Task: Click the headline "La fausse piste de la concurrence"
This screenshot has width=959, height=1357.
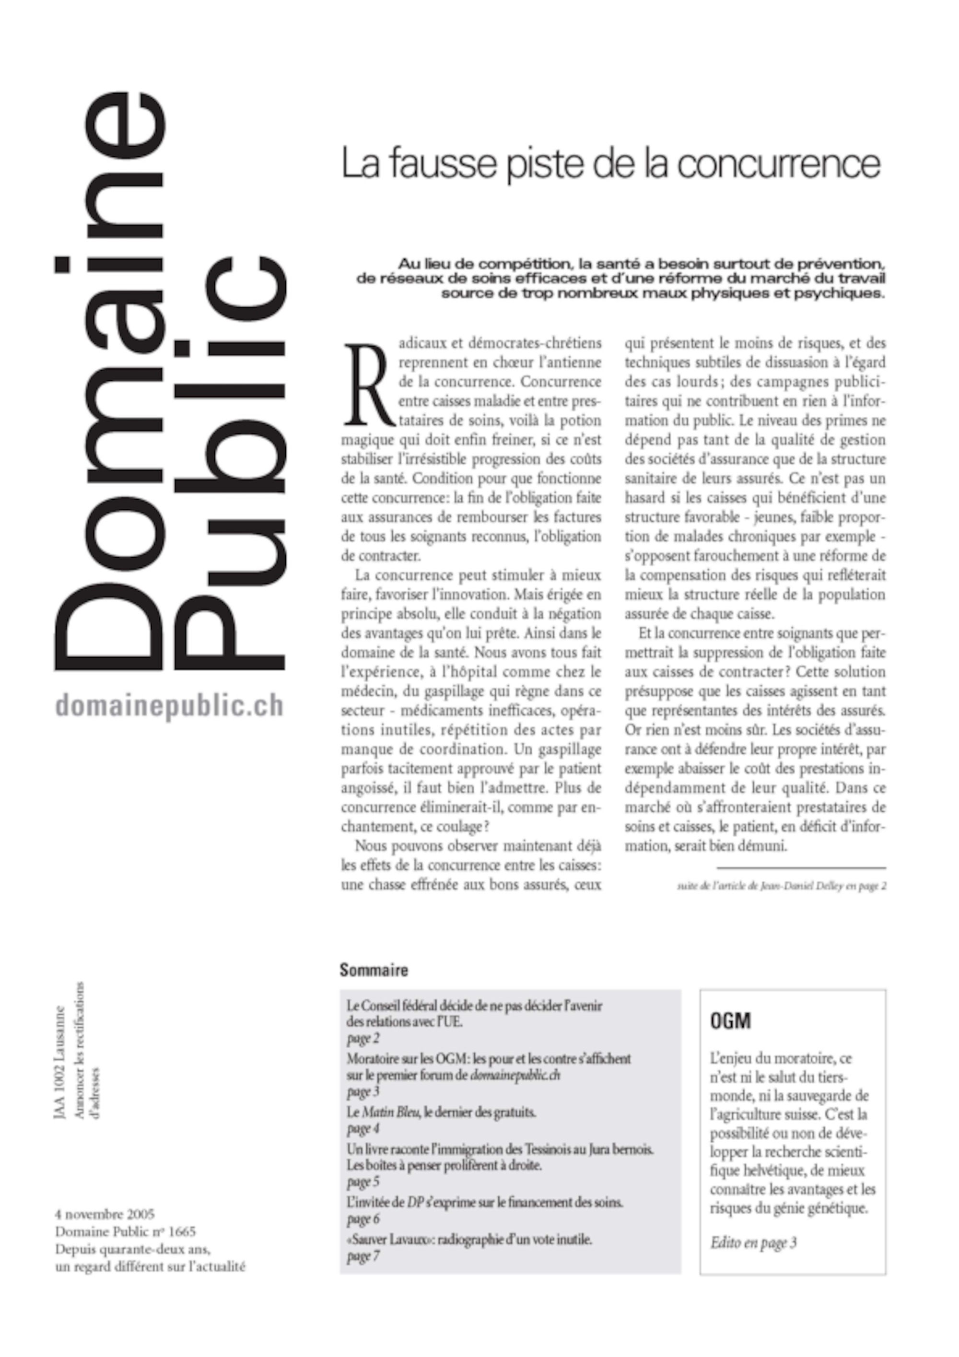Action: [611, 165]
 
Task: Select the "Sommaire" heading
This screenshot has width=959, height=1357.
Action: [374, 970]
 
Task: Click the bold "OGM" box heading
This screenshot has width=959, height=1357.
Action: [730, 1021]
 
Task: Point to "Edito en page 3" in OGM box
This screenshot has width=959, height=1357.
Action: [753, 1242]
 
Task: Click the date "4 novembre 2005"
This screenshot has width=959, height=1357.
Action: [105, 1215]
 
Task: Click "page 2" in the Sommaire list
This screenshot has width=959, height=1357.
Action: [363, 1039]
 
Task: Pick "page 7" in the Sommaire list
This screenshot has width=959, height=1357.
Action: [363, 1256]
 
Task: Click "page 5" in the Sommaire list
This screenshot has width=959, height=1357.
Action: [363, 1182]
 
